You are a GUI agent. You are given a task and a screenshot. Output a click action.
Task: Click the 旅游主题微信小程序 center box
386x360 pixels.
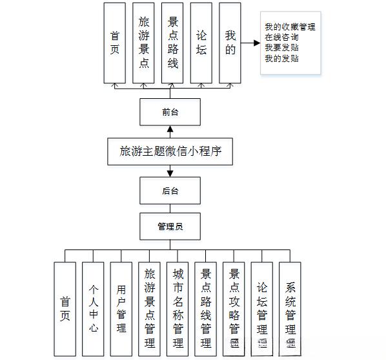[170, 151]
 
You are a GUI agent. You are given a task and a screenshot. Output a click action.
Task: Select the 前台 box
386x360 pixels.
[170, 112]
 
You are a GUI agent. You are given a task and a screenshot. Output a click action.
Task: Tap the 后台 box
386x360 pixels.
[170, 191]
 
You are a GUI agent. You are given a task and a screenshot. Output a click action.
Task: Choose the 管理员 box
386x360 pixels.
[170, 226]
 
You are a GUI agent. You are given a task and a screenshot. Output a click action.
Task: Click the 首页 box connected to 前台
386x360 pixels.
[114, 42]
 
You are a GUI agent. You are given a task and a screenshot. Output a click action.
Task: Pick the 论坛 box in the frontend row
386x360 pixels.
[201, 42]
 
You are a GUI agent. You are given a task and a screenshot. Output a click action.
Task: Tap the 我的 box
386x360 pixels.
[230, 42]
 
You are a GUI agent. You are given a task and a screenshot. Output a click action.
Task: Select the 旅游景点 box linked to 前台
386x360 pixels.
[143, 42]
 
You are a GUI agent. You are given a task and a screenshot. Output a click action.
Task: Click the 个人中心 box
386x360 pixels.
[93, 309]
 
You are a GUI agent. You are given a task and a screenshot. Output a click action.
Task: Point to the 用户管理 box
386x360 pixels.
[121, 309]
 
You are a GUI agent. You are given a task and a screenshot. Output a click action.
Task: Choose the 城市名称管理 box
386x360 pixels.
[178, 309]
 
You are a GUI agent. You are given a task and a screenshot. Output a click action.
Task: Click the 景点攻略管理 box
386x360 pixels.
[234, 309]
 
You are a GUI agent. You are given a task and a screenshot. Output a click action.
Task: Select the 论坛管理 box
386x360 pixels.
[262, 309]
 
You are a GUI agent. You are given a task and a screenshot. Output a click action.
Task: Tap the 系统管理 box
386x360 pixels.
[290, 309]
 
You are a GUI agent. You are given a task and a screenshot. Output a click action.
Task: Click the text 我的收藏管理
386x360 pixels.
[290, 27]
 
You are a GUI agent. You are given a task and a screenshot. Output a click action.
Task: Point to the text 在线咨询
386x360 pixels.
[281, 37]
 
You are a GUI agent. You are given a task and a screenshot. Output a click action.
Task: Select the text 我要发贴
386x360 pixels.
[281, 48]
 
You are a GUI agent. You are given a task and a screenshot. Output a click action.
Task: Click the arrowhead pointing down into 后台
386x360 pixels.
[170, 173]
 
